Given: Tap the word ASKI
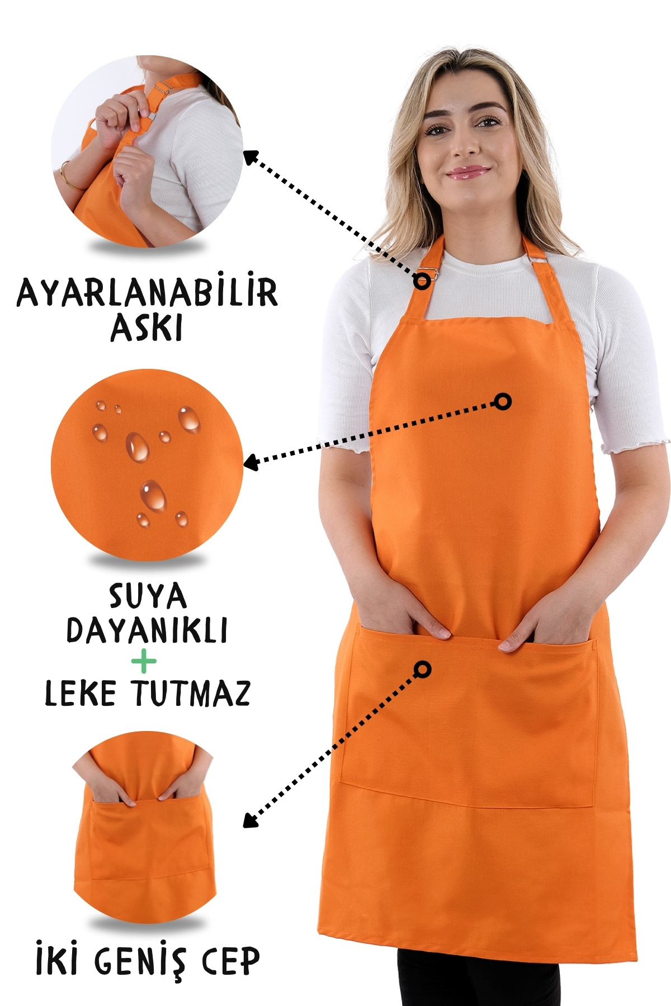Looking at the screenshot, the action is click(147, 328).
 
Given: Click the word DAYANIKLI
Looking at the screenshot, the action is click(147, 630).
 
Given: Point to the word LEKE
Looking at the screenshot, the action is click(81, 693).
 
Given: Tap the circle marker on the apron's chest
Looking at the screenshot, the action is click(503, 401).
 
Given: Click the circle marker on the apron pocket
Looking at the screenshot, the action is click(423, 668).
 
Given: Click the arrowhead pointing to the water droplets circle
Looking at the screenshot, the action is click(251, 463).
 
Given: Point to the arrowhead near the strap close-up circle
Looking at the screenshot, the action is click(251, 157).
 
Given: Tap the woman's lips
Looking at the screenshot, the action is click(467, 172).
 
